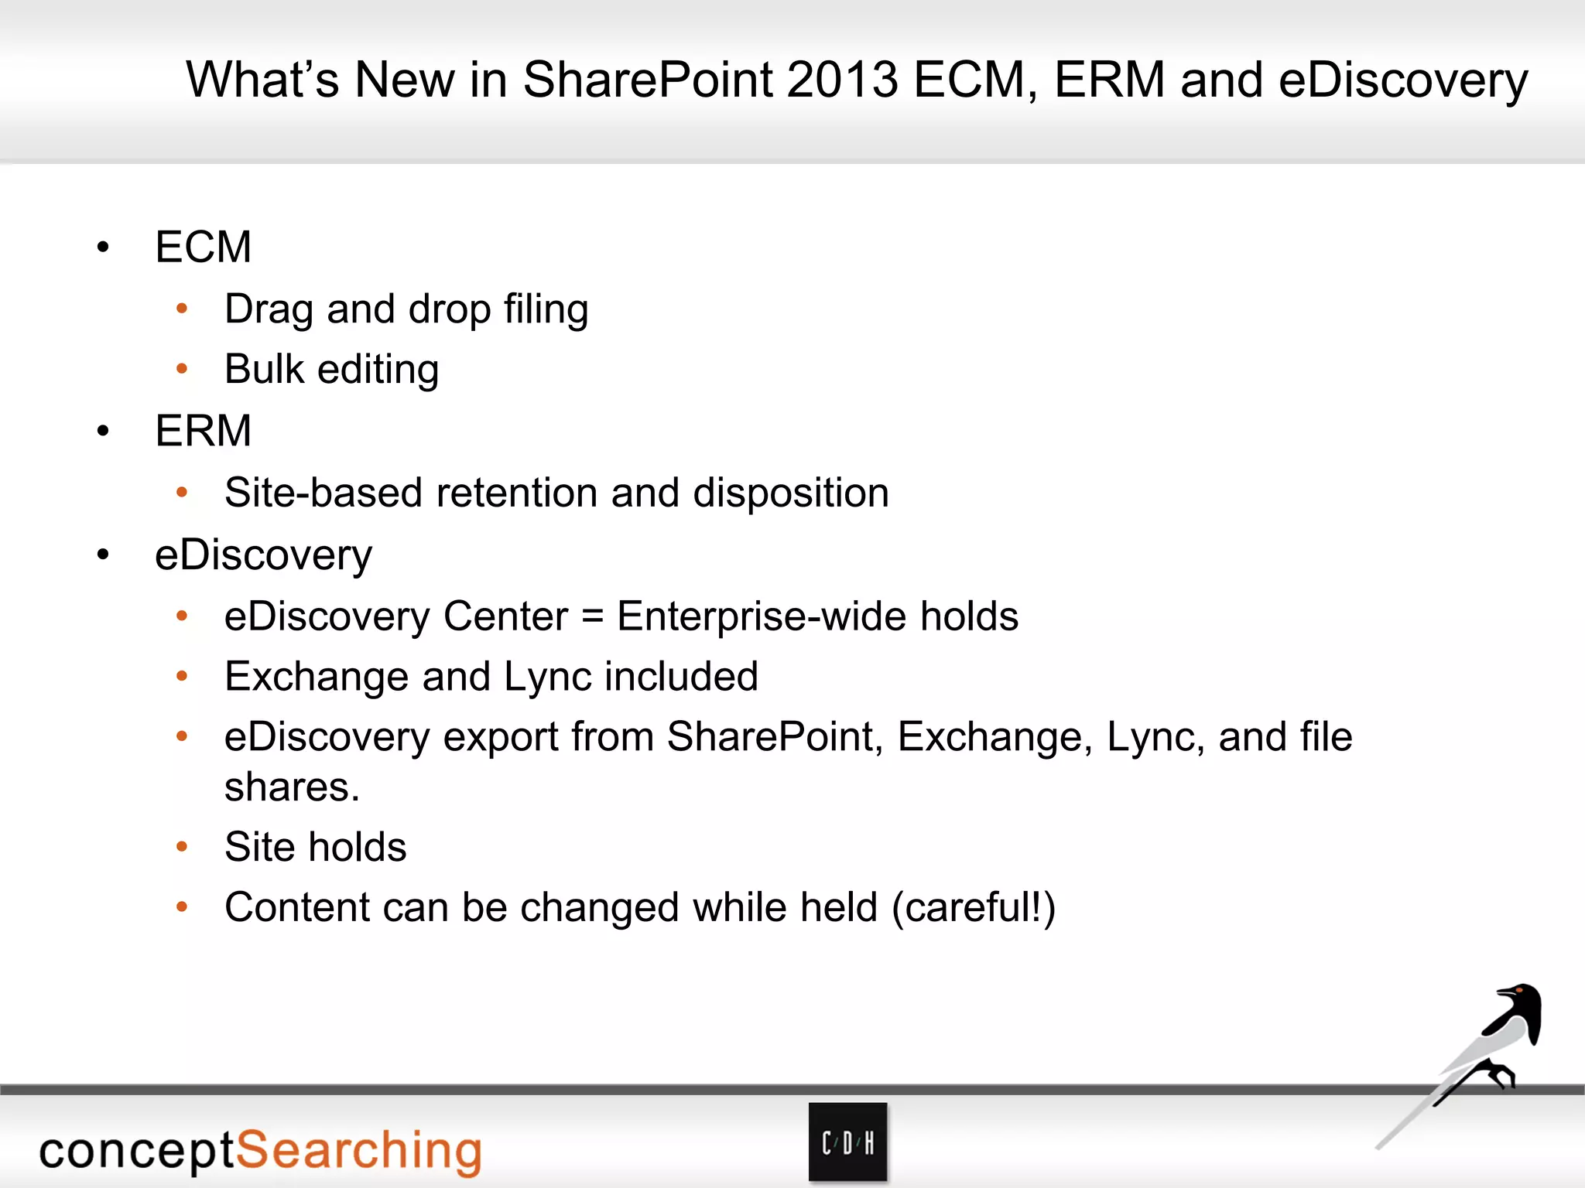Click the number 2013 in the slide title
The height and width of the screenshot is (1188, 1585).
coord(842,80)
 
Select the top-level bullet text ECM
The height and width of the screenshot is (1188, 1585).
coord(203,247)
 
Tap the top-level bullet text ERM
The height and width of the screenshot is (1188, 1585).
coord(203,431)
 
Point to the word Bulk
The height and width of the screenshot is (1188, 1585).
coord(264,369)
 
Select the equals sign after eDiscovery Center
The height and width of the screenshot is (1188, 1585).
coord(592,617)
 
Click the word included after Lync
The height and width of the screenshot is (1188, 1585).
coord(681,677)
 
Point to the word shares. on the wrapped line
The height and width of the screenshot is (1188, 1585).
coord(292,787)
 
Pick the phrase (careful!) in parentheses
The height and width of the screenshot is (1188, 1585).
coord(973,907)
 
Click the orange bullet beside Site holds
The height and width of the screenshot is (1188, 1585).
coord(182,847)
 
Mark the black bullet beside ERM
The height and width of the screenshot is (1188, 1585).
coord(103,431)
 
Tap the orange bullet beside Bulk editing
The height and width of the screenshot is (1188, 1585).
coord(182,369)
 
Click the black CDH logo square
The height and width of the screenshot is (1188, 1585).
coord(847,1142)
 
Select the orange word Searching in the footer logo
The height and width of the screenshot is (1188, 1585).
coord(358,1151)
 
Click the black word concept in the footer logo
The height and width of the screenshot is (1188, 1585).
coord(136,1151)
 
